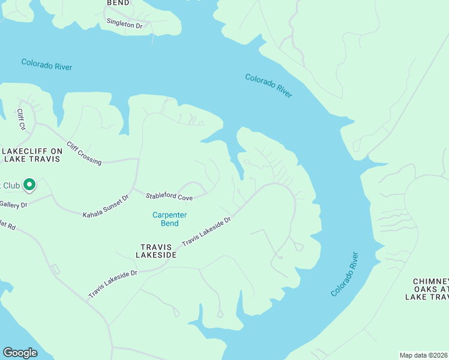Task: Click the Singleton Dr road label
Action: [125, 25]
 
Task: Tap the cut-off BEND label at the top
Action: [118, 3]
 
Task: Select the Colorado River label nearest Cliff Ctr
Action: [46, 64]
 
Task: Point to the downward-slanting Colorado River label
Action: [268, 85]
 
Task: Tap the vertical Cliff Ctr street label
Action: [21, 118]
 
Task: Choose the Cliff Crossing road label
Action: [84, 153]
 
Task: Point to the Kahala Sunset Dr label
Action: [106, 206]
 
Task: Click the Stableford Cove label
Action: [169, 197]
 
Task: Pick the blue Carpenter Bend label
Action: [169, 219]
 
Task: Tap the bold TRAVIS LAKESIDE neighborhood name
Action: [158, 251]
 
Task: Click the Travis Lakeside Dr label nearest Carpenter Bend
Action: [206, 231]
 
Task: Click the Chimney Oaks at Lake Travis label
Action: [430, 289]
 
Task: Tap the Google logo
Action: [20, 353]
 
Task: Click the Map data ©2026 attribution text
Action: [424, 355]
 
